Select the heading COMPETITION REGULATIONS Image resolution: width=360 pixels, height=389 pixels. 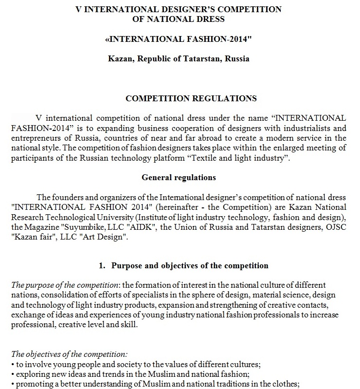[x=191, y=98]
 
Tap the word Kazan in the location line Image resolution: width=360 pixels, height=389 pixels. [x=120, y=59]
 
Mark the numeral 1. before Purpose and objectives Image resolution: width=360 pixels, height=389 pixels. [x=102, y=265]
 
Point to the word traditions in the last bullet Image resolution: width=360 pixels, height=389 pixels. [x=221, y=383]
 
